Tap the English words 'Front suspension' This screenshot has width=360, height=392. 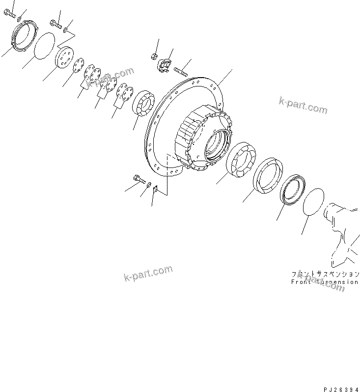(x=324, y=282)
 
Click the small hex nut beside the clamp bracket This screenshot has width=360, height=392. (x=154, y=56)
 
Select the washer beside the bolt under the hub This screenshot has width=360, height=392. (x=149, y=184)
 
